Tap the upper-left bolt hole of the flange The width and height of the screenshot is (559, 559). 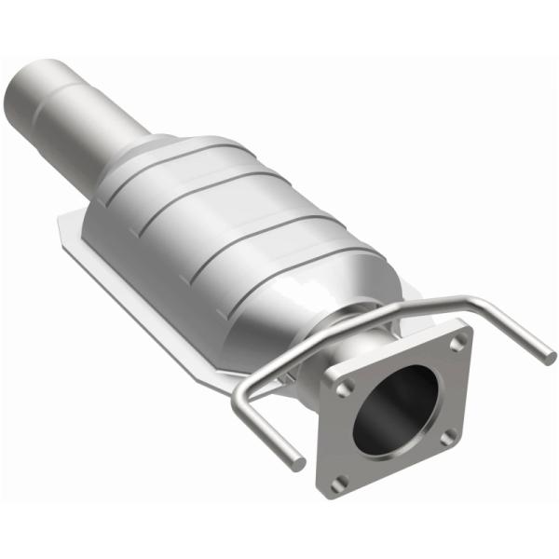tap(345, 384)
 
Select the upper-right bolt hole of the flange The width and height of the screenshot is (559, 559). tap(455, 342)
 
